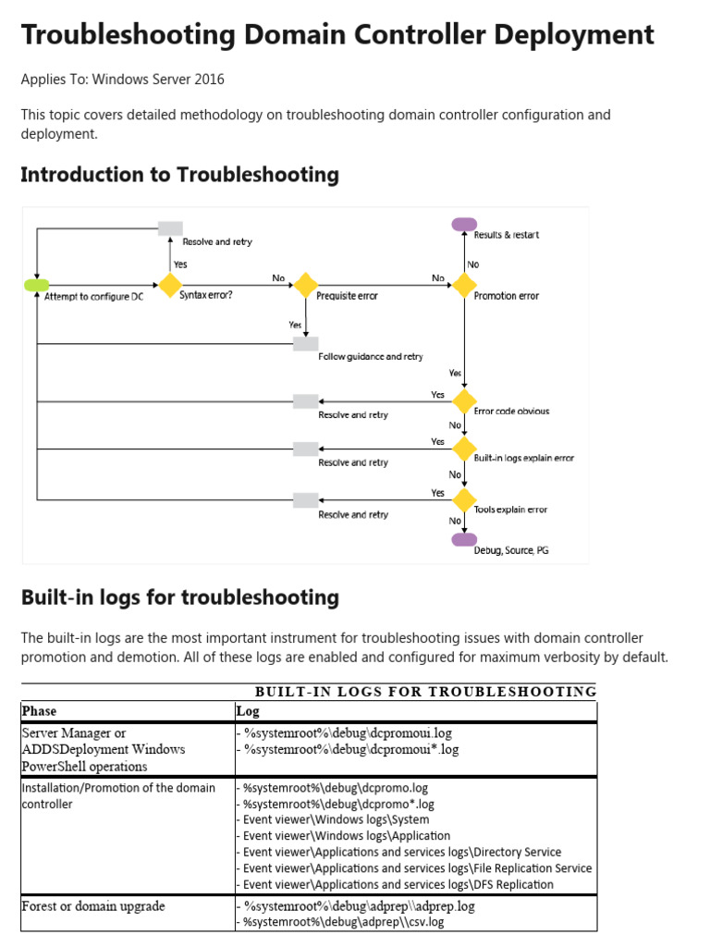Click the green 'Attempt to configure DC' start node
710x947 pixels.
[36, 285]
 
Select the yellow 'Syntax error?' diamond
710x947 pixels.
[170, 285]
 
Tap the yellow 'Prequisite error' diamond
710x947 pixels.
[305, 285]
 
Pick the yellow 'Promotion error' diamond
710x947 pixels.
[463, 285]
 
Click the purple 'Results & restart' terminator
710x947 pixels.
[464, 224]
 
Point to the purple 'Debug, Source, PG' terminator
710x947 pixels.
[464, 539]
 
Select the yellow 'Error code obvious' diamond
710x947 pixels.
[463, 401]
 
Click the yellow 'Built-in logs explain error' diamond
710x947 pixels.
[463, 449]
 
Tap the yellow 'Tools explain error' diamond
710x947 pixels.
[463, 500]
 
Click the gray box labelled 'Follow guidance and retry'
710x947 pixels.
[305, 344]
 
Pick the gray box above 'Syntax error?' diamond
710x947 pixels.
[170, 228]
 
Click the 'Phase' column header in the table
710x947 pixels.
[39, 711]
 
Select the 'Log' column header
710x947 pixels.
[248, 711]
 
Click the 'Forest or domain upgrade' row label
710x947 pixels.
[93, 906]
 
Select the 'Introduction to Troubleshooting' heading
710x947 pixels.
[179, 174]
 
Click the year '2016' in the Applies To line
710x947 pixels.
[208, 80]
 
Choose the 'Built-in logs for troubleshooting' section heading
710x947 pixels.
[179, 597]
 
